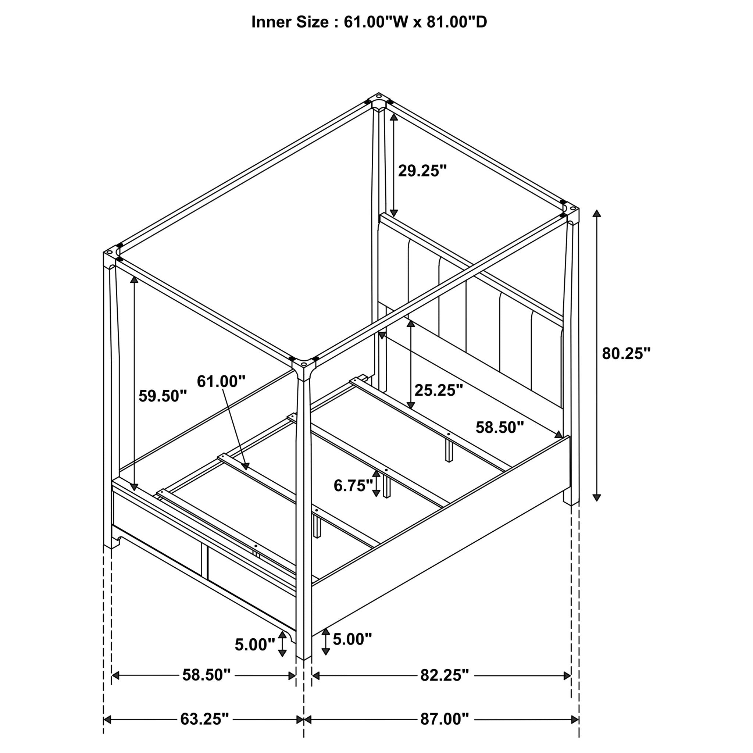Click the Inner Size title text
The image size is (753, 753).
(369, 22)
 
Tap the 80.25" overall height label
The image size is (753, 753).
(626, 353)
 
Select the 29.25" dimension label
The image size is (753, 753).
(422, 171)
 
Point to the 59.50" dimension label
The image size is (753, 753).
(163, 396)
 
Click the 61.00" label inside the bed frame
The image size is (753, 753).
(221, 381)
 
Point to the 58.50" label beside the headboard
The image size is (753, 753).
(500, 428)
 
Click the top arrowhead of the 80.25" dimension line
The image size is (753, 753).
(596, 213)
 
